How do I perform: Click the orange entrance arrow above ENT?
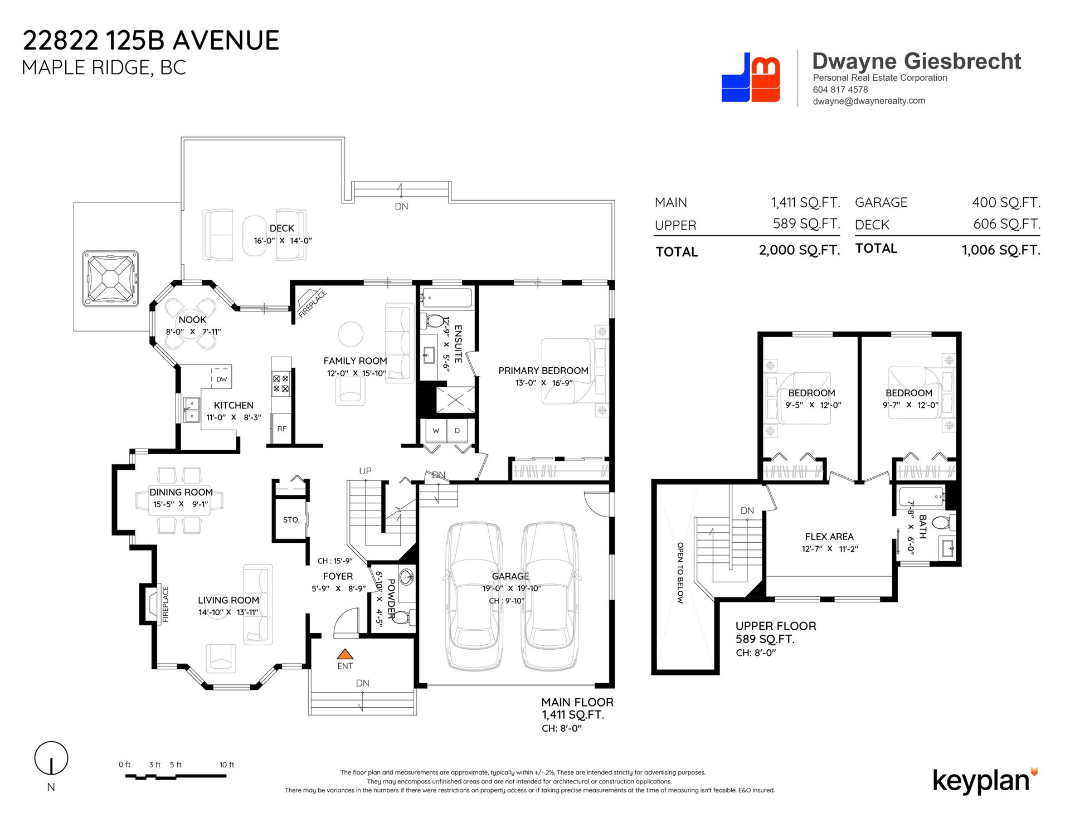[345, 654]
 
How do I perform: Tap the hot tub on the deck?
[110, 279]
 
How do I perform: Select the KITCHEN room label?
[234, 405]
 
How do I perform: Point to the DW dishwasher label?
[222, 380]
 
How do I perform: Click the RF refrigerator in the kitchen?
[281, 429]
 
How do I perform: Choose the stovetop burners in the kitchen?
[281, 383]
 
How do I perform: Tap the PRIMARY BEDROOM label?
[543, 371]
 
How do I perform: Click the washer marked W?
[436, 431]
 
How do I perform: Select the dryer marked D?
[457, 431]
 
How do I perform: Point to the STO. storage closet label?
[291, 520]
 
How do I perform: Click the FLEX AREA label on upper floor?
[829, 537]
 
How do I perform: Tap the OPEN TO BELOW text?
[680, 573]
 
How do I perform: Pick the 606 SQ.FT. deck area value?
[1006, 224]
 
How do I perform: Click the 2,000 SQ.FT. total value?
[799, 250]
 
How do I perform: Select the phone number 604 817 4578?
[840, 90]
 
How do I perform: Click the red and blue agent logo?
[751, 77]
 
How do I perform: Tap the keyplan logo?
[985, 780]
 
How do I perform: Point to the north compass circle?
[51, 758]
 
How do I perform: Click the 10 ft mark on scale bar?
[227, 765]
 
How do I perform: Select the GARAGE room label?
[510, 576]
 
